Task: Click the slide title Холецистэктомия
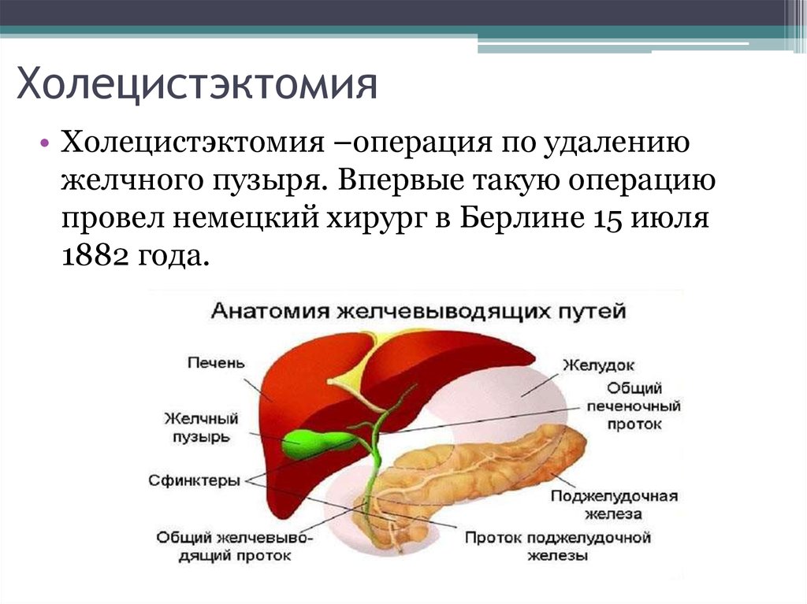pyautogui.click(x=197, y=83)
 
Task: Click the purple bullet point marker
pyautogui.click(x=46, y=142)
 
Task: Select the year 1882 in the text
pyautogui.click(x=95, y=256)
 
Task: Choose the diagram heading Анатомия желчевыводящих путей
pyautogui.click(x=418, y=311)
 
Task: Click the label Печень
pyautogui.click(x=216, y=363)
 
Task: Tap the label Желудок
pyautogui.click(x=599, y=365)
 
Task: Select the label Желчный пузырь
pyautogui.click(x=201, y=428)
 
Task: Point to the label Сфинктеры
pyautogui.click(x=194, y=480)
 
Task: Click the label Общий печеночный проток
pyautogui.click(x=634, y=406)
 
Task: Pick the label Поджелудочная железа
pyautogui.click(x=614, y=505)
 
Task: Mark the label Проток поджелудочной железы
pyautogui.click(x=558, y=547)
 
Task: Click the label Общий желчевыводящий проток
pyautogui.click(x=235, y=547)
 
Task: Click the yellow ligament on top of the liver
pyautogui.click(x=360, y=370)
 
